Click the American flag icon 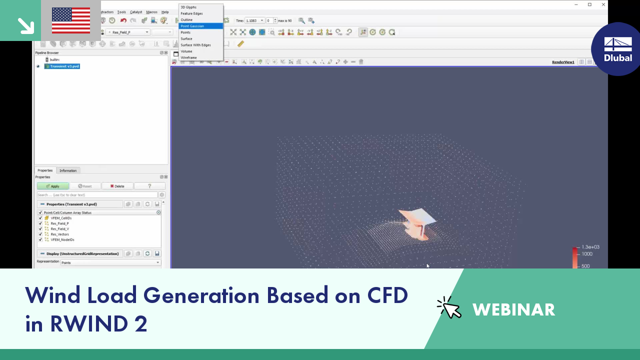pos(71,20)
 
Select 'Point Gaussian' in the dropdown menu pos(192,26)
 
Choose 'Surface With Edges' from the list pos(195,45)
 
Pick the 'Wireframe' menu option pos(188,57)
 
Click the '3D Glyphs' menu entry pos(188,7)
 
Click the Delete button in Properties pos(117,186)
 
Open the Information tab pos(68,170)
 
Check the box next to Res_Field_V pos(40,229)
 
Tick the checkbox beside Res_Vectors pos(40,234)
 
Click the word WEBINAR pos(513,310)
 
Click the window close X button pos(603,4)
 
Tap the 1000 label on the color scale pos(586,254)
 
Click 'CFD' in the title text pos(388,295)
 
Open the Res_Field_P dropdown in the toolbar pos(127,32)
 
